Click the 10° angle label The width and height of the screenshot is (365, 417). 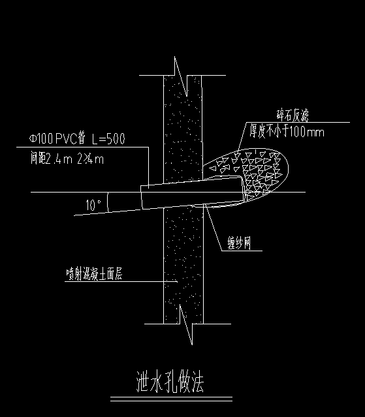pyautogui.click(x=93, y=206)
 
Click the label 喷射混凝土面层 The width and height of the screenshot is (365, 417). pyautogui.click(x=95, y=274)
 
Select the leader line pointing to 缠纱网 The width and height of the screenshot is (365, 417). pyautogui.click(x=214, y=228)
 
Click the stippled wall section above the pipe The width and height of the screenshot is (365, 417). pyautogui.click(x=183, y=131)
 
